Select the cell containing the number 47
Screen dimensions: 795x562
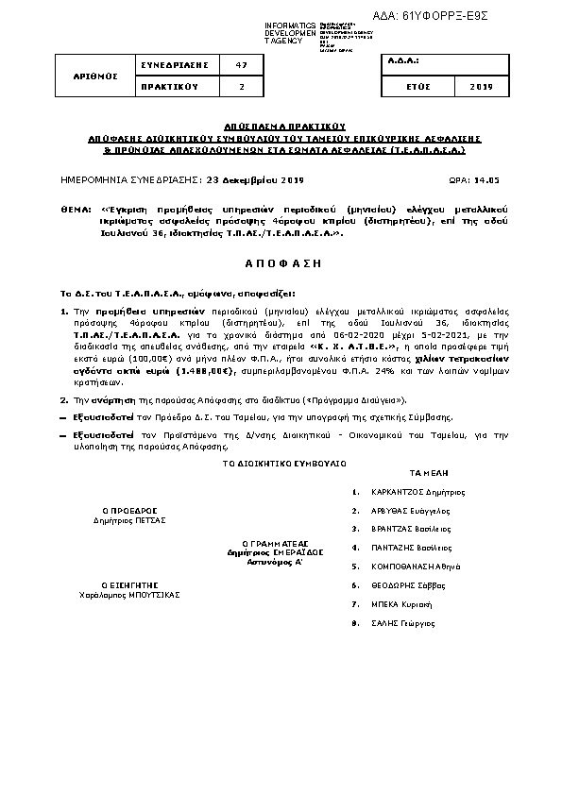241,64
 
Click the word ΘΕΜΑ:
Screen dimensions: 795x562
75,205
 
